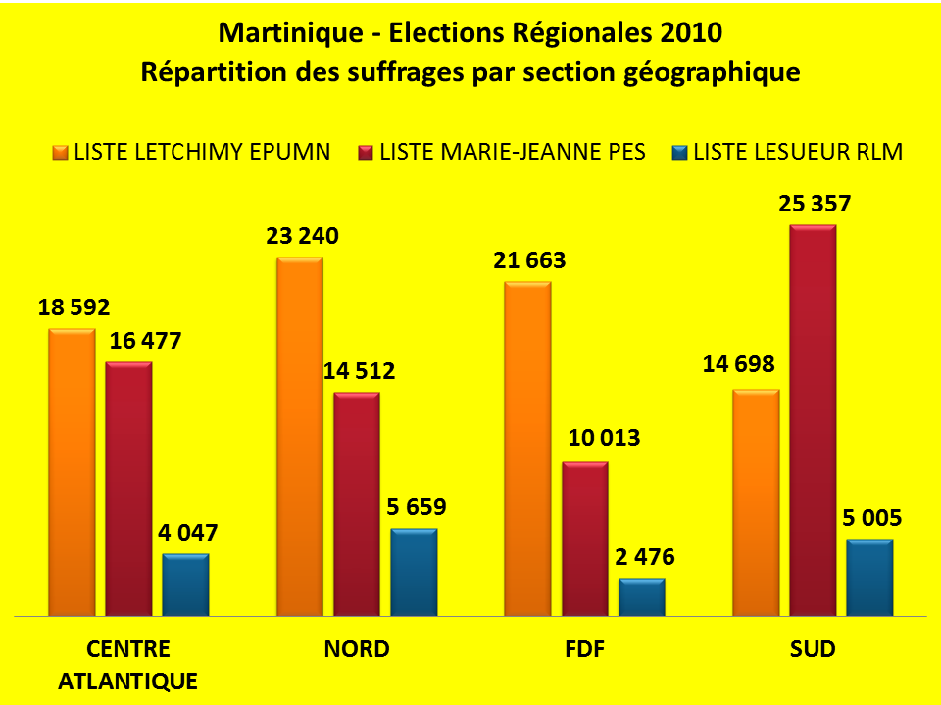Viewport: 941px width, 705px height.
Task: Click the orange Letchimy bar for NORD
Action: [300, 437]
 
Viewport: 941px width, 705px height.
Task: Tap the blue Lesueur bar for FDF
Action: [641, 597]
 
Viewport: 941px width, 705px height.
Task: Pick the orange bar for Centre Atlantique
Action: [72, 473]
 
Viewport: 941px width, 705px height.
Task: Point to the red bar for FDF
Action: [585, 539]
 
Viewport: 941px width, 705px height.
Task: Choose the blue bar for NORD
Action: [414, 572]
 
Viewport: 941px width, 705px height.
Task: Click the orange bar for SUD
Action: [756, 502]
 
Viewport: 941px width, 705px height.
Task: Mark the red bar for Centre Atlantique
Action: [128, 489]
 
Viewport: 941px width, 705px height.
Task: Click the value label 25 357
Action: [814, 205]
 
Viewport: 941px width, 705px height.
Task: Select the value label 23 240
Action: [300, 236]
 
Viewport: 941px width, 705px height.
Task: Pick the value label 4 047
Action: [185, 533]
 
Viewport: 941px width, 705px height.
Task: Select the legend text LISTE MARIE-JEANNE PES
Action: [512, 152]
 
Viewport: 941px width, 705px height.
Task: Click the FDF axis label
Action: [584, 649]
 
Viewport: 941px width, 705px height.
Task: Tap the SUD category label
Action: [813, 649]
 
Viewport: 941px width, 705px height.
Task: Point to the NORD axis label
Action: [357, 649]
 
